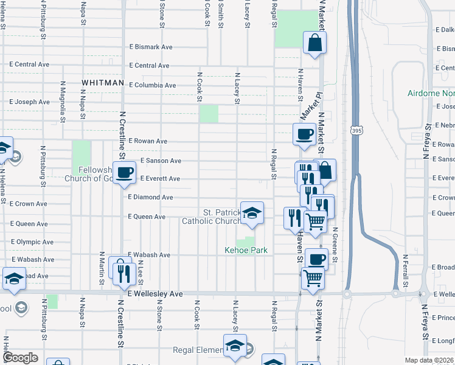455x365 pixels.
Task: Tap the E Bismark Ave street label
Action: (151, 47)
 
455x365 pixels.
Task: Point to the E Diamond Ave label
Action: (150, 198)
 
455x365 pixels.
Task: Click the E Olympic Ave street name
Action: (32, 242)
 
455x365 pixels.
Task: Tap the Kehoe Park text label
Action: (246, 250)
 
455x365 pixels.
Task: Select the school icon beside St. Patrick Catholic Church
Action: (252, 213)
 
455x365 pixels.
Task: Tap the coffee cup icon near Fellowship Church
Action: (125, 173)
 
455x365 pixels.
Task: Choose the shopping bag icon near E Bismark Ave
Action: (315, 43)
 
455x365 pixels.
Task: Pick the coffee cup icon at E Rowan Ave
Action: (304, 134)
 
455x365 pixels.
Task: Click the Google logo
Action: (20, 358)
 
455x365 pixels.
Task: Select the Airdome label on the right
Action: (431, 94)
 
